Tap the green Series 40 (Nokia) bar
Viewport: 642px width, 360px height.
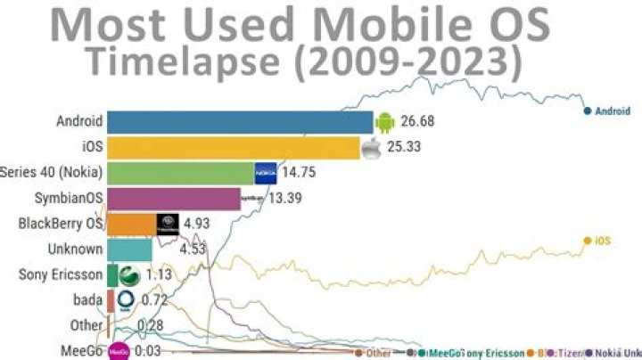coord(178,173)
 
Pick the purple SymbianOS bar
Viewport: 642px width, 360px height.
coord(173,199)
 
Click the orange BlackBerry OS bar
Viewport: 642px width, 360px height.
coord(131,225)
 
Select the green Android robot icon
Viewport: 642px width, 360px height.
coord(384,121)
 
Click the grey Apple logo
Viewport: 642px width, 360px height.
coord(371,147)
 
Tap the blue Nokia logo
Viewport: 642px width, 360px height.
coord(266,173)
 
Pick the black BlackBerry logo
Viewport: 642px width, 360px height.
coord(168,225)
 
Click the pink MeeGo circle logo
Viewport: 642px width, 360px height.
coord(119,351)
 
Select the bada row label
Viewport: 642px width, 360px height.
coord(88,300)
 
